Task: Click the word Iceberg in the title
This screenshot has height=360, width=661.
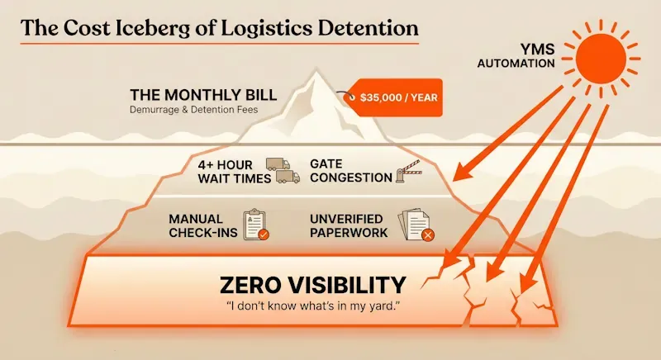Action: (x=150, y=27)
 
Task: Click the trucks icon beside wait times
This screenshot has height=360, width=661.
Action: (x=282, y=170)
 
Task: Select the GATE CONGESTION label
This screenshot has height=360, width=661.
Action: (x=351, y=170)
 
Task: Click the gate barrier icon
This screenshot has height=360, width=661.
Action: (x=413, y=171)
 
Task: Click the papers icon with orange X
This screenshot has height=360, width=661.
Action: (x=416, y=225)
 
